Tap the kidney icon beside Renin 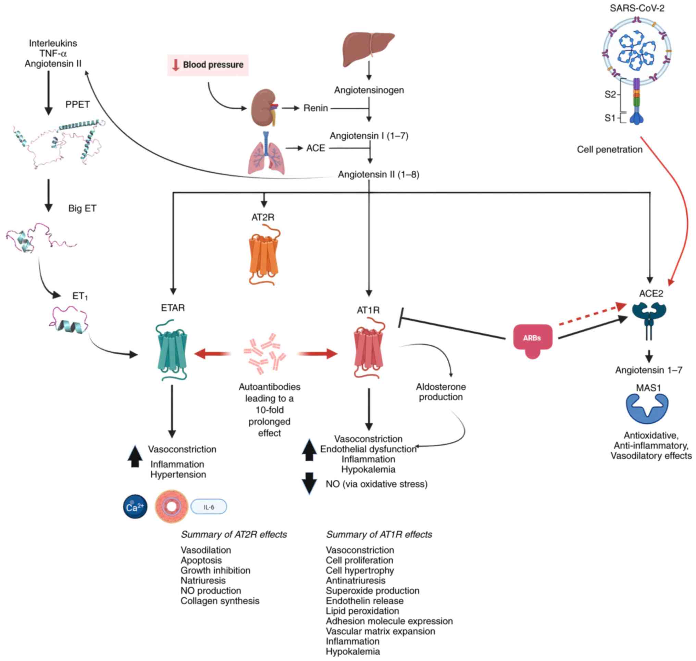coord(264,108)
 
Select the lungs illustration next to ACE coord(266,155)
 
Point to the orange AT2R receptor coord(263,255)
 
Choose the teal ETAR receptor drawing coord(172,350)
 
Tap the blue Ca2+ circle coord(135,507)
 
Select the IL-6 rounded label coord(209,507)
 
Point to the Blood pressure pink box coord(208,65)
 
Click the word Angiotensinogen coord(369,90)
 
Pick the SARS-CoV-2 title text coord(636,8)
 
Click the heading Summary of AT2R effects coord(234,535)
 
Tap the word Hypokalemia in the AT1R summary coord(352,651)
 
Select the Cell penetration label coord(609,150)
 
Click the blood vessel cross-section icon coord(171,507)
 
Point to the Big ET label coord(82,208)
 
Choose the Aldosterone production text coord(440,392)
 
